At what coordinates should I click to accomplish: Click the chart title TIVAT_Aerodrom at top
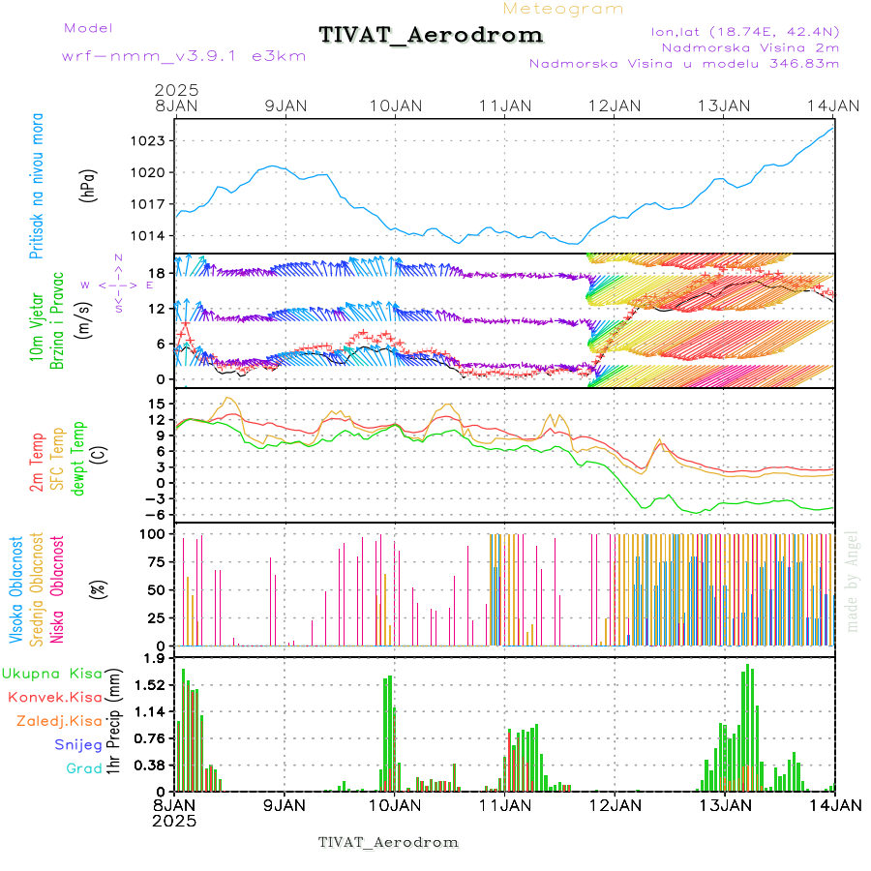tap(431, 35)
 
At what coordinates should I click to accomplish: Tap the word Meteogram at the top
tap(564, 9)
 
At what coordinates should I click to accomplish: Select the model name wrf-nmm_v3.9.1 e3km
tap(183, 56)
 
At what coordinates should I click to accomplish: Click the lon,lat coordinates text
tap(745, 31)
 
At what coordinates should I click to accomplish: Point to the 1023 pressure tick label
tap(149, 141)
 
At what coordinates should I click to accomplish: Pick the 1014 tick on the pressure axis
tap(149, 236)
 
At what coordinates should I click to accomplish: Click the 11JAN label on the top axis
tap(506, 105)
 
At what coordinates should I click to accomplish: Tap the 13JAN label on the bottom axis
tap(725, 804)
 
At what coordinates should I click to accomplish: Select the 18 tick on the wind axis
tap(159, 274)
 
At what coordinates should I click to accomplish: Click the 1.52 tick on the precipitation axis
tap(150, 685)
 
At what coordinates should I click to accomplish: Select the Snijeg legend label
tap(77, 745)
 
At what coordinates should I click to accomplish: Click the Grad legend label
tap(83, 769)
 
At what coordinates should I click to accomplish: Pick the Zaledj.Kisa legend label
tap(59, 721)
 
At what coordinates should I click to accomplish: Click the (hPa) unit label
tap(89, 185)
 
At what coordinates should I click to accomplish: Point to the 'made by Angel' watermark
tap(853, 581)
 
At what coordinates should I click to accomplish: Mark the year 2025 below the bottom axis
tap(174, 820)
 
